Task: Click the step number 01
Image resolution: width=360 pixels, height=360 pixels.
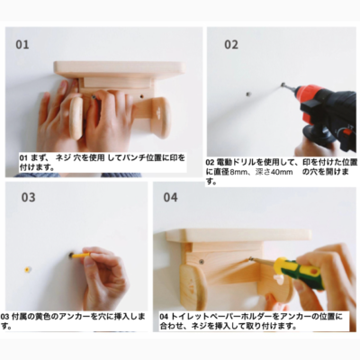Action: click(x=22, y=45)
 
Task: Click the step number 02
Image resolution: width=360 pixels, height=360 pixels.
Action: click(x=231, y=45)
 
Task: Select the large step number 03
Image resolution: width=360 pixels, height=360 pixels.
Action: click(x=28, y=197)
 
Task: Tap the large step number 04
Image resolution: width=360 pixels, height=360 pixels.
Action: click(x=170, y=197)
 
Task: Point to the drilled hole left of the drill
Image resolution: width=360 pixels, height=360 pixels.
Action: click(x=248, y=94)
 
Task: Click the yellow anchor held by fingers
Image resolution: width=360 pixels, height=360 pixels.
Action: click(x=80, y=256)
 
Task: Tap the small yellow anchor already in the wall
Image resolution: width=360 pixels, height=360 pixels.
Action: click(x=28, y=269)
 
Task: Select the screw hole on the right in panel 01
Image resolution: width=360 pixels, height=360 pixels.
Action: click(x=141, y=97)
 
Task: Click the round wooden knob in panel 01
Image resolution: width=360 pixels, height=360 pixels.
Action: click(x=76, y=118)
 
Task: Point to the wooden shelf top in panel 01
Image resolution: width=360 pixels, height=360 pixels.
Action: click(x=120, y=69)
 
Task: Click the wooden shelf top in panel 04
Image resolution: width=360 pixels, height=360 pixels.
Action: click(x=238, y=235)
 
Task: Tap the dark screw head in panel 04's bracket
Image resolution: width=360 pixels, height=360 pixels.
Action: click(x=202, y=262)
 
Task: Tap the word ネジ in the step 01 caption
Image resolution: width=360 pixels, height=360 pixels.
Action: click(x=63, y=158)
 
